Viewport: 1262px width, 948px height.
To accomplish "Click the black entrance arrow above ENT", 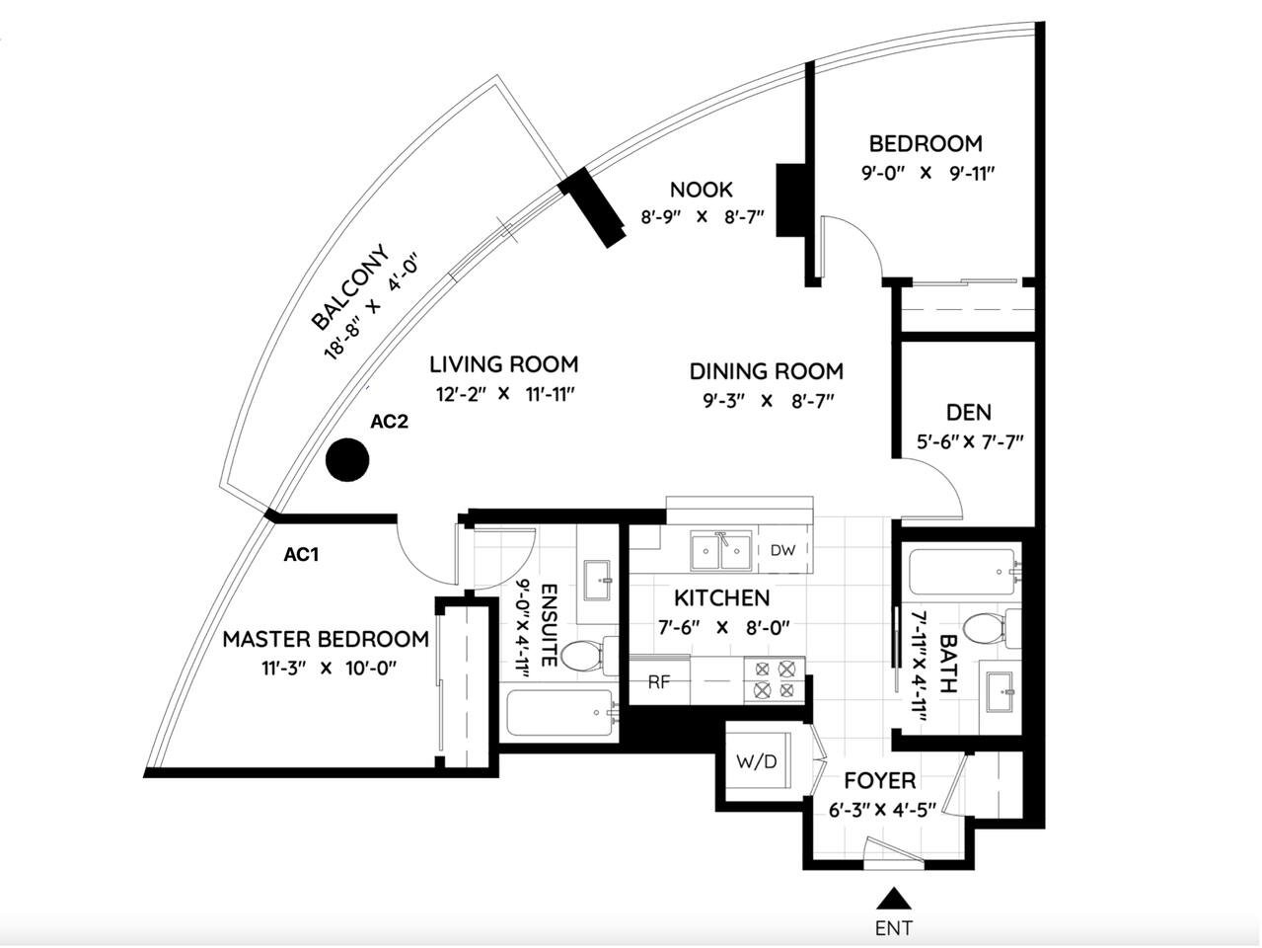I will (x=894, y=898).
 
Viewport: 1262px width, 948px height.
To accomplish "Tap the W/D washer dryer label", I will (x=757, y=761).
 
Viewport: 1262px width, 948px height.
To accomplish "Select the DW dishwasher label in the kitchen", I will (x=782, y=550).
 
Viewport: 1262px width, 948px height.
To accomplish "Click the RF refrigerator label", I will (x=659, y=681).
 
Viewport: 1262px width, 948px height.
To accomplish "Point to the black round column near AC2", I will (x=347, y=459).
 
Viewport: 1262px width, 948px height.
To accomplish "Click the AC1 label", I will (x=301, y=555).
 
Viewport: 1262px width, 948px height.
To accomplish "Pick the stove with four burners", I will (x=775, y=679).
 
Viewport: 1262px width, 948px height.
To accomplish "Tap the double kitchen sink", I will (x=722, y=552).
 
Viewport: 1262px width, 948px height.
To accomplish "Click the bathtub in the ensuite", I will (x=559, y=715).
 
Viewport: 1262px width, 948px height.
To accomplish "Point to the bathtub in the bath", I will (x=960, y=572).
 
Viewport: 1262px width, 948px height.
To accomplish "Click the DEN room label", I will (x=968, y=412).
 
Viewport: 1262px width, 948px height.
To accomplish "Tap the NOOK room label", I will (x=701, y=190).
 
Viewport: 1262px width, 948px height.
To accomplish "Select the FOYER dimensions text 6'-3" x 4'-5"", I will (x=881, y=811).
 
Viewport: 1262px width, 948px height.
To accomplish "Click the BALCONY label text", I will (x=350, y=287).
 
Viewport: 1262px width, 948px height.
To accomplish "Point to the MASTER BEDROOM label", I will (x=326, y=639).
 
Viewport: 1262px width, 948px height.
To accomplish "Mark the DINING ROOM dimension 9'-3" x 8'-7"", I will (x=765, y=401).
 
